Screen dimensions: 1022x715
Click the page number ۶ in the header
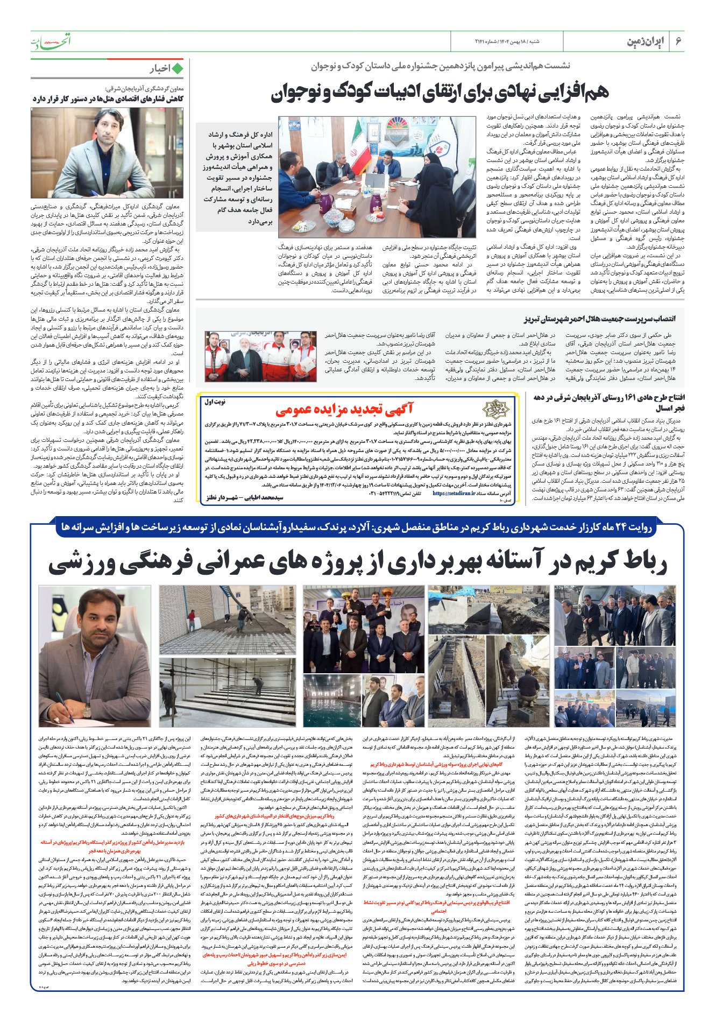[678, 41]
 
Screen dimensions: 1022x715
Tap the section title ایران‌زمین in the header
[646, 41]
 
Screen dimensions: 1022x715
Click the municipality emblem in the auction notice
[495, 410]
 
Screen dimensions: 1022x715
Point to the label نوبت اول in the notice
[215, 401]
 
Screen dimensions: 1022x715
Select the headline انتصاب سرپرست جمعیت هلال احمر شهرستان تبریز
[600, 319]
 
